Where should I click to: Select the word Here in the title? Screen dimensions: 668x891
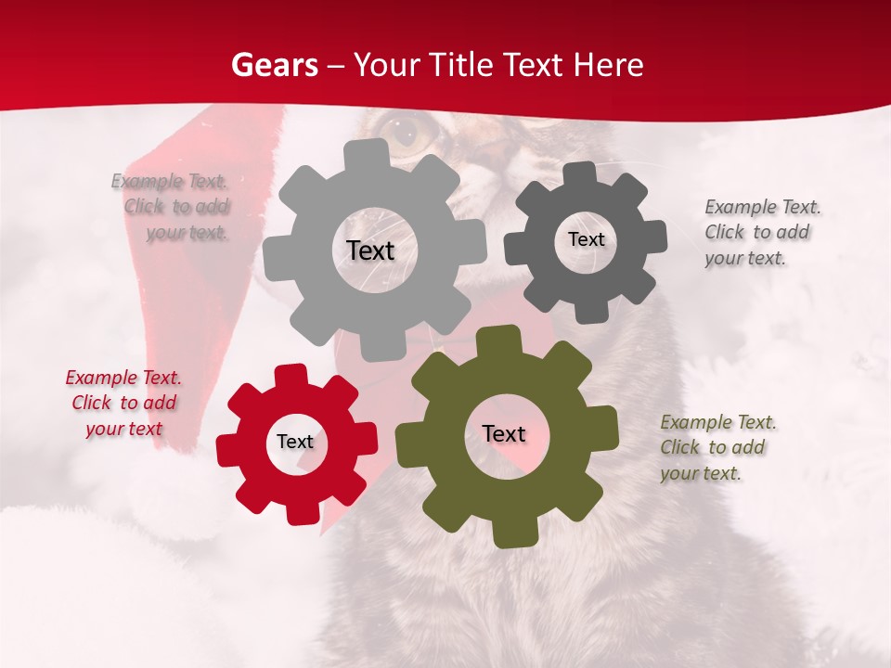point(609,65)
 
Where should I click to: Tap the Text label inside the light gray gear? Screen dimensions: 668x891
point(370,250)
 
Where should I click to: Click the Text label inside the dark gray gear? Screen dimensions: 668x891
point(586,239)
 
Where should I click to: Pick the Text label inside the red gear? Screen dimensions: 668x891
point(295,443)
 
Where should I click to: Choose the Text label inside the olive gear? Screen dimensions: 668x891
point(504,434)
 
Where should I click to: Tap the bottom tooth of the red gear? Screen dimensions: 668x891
point(301,511)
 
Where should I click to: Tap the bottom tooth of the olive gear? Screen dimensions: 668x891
point(510,533)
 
